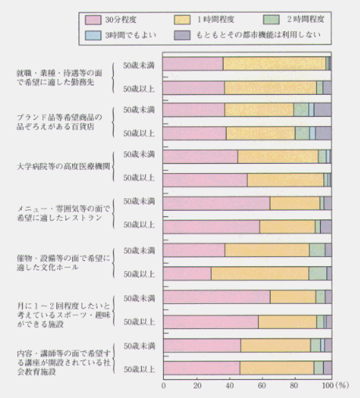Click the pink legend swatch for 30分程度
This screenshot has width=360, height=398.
point(93,20)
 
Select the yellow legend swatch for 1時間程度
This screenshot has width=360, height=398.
point(182,20)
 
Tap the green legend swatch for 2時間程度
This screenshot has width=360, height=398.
point(271,20)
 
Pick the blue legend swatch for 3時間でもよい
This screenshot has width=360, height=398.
point(93,35)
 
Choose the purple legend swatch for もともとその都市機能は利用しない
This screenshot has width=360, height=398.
point(182,35)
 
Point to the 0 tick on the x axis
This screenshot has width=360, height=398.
point(164,385)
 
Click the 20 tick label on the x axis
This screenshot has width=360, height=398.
point(197,385)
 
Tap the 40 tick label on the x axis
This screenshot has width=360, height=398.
point(230,385)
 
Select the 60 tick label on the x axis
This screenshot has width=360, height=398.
point(262,385)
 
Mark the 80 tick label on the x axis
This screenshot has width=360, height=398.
point(294,385)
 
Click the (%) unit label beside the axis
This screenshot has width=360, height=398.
point(342,385)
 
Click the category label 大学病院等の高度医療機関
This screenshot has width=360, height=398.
point(64,166)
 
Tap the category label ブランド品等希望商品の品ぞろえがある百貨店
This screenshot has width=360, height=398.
point(60,122)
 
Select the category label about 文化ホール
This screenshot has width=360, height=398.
point(64,262)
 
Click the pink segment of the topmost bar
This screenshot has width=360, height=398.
point(193,63)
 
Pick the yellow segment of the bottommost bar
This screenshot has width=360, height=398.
point(277,368)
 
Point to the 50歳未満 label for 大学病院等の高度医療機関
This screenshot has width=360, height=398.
point(139,154)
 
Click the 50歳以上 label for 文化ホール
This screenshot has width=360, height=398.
point(139,274)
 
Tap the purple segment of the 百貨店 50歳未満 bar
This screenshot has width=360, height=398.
point(322,110)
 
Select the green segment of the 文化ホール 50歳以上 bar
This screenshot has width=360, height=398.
point(318,273)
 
